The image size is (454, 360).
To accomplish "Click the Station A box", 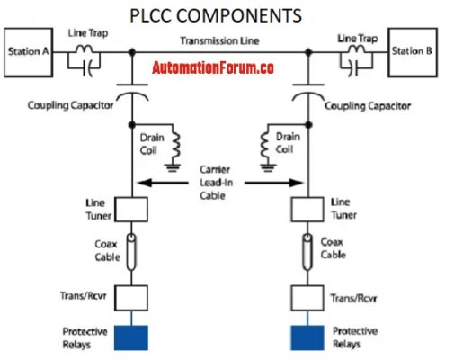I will pyautogui.click(x=30, y=52).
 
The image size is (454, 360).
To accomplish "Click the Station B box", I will pyautogui.click(x=414, y=52).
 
